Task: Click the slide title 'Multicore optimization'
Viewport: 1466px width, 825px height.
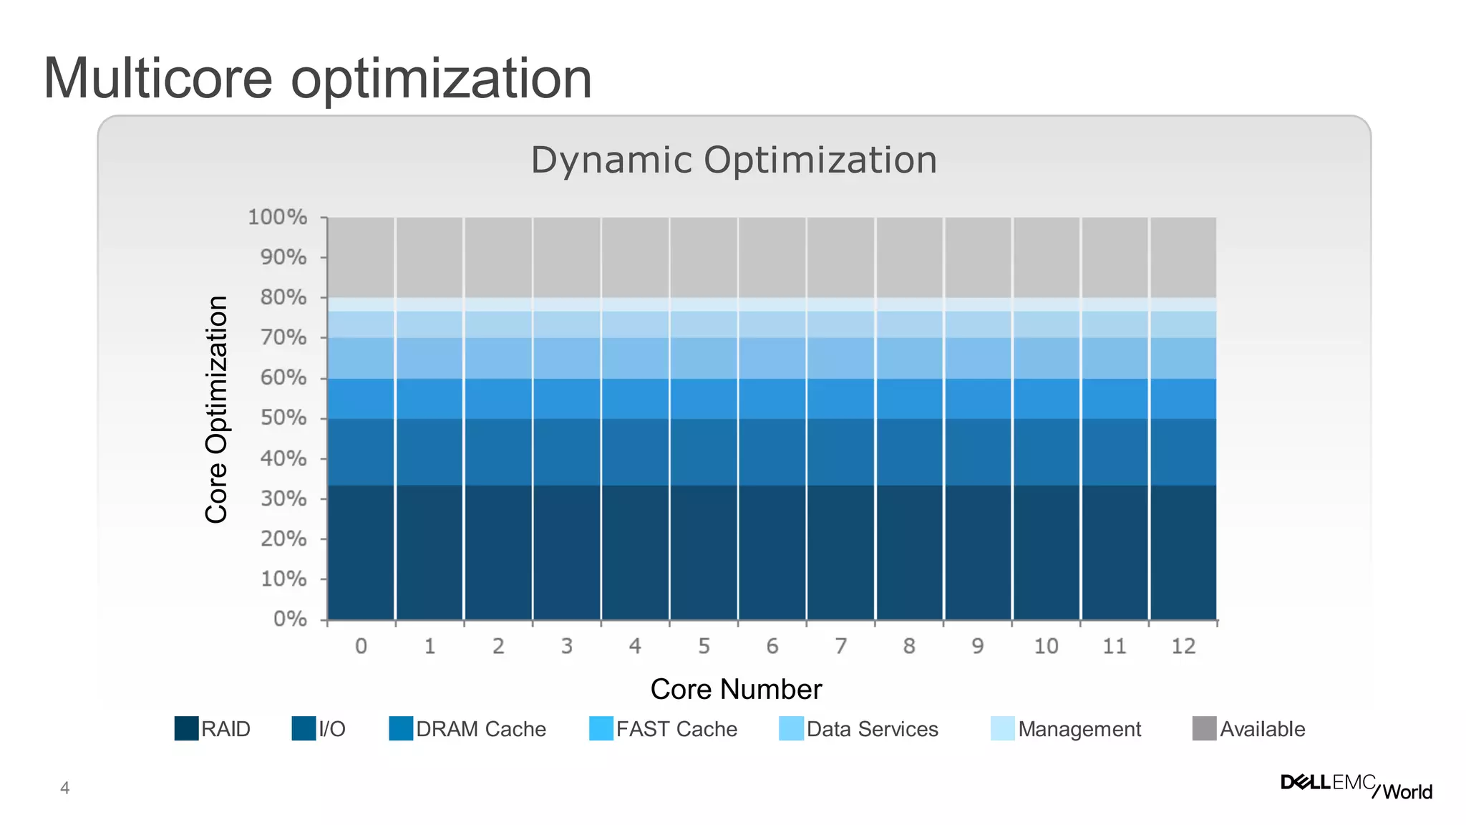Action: (x=317, y=79)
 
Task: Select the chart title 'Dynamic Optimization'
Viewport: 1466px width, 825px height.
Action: (x=734, y=160)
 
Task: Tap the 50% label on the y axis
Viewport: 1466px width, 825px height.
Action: (x=283, y=418)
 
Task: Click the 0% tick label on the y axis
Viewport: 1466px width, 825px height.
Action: (x=290, y=619)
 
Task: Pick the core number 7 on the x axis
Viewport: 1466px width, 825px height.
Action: (x=840, y=646)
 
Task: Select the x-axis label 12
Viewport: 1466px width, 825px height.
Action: (x=1183, y=646)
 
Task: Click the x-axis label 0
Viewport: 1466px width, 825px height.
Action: (x=361, y=646)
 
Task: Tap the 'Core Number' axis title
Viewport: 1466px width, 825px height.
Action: (x=736, y=689)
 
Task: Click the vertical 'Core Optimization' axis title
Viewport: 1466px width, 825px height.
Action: (x=216, y=410)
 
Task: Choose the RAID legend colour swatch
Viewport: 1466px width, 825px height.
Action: (x=186, y=728)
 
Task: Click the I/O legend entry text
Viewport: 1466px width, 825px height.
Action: (x=332, y=729)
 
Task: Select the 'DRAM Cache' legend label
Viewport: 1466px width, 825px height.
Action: (x=481, y=729)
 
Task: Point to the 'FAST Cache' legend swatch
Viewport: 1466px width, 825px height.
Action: (x=601, y=728)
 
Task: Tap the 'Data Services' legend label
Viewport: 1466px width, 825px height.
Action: (x=872, y=729)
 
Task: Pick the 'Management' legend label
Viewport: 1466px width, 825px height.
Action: (x=1079, y=729)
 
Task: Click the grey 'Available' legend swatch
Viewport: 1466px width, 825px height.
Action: (x=1204, y=728)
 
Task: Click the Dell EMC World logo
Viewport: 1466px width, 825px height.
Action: (x=1356, y=786)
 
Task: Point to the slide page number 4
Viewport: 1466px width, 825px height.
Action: (x=65, y=788)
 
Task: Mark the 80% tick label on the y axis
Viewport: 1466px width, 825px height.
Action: (x=283, y=297)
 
